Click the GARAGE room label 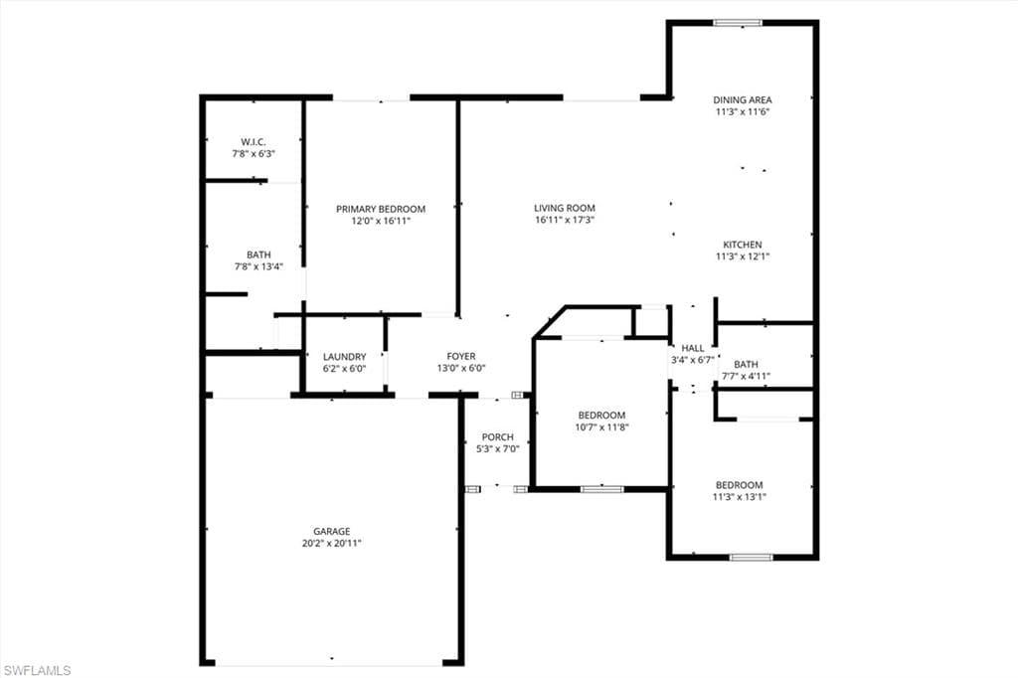[x=332, y=531]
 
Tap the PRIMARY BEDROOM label [x=381, y=209]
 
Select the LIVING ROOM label [x=565, y=209]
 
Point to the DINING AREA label [x=743, y=100]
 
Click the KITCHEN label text [x=743, y=245]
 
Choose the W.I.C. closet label [x=254, y=142]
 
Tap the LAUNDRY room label [x=345, y=357]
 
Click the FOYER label [x=461, y=357]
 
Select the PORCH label [x=498, y=437]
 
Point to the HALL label [x=693, y=349]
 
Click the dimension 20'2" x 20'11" [x=332, y=544]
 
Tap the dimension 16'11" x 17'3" [x=565, y=220]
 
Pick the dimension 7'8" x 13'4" [x=258, y=266]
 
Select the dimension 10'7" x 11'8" [x=601, y=427]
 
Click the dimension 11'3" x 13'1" [x=740, y=497]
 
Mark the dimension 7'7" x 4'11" [x=746, y=376]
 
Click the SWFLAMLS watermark [x=37, y=670]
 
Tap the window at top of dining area [x=738, y=24]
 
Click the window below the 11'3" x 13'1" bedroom [x=752, y=557]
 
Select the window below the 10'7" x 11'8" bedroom [x=601, y=489]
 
